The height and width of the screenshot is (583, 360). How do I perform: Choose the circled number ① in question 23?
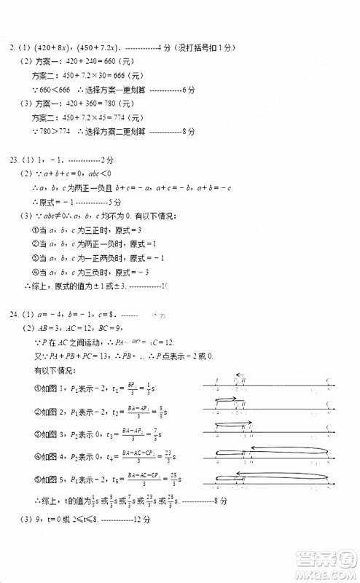pos(35,230)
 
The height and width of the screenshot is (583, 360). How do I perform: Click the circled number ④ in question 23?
pos(35,272)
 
